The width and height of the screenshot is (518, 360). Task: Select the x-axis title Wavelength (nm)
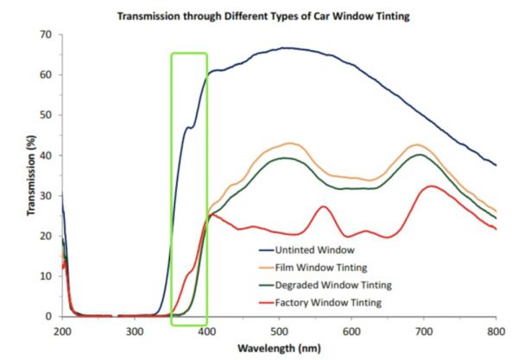click(278, 349)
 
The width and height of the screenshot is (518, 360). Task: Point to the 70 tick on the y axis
click(45, 35)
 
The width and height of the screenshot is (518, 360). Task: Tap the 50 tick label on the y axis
click(45, 115)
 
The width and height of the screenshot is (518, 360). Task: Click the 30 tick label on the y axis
click(45, 196)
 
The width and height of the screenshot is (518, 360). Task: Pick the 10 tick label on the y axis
click(45, 276)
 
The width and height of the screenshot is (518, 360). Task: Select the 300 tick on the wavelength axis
click(134, 330)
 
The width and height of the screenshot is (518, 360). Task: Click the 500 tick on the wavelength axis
click(278, 330)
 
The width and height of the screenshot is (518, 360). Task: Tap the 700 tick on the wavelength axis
click(423, 330)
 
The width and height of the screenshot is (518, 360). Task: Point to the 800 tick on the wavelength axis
click(495, 330)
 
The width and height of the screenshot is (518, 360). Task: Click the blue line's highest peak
click(285, 48)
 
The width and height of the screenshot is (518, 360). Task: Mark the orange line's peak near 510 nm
click(291, 143)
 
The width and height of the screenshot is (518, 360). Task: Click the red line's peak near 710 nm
click(430, 186)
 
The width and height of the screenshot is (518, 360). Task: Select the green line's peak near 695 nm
click(420, 155)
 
